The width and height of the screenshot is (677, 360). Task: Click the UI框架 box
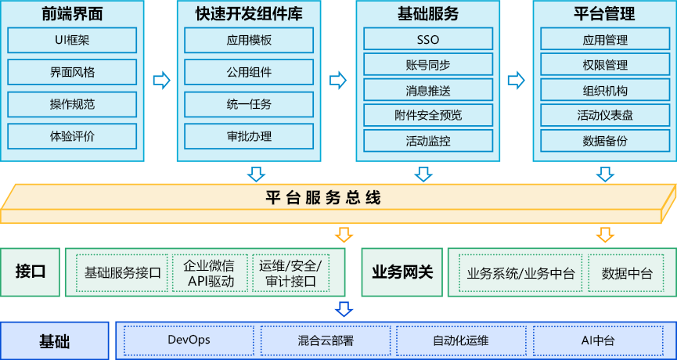(72, 40)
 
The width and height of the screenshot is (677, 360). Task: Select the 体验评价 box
(72, 136)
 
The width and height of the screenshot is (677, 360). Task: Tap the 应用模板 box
(249, 40)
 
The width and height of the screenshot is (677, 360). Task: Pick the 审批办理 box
(249, 136)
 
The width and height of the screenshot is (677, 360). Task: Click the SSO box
(428, 39)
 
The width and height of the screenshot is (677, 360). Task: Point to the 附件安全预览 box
(428, 115)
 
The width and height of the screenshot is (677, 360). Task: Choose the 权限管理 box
(605, 65)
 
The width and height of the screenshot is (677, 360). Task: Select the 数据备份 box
(605, 141)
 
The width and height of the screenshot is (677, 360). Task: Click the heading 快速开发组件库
(249, 13)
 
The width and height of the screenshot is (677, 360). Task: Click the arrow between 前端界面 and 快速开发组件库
(161, 80)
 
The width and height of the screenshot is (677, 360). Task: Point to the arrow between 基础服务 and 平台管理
(516, 80)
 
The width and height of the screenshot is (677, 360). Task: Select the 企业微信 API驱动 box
(209, 273)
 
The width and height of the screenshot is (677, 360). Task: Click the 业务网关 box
(402, 273)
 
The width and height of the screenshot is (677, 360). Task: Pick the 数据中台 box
(627, 273)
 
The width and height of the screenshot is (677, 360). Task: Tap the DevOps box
(189, 340)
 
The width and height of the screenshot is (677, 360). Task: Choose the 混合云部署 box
(326, 340)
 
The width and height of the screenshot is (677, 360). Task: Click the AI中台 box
(598, 340)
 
